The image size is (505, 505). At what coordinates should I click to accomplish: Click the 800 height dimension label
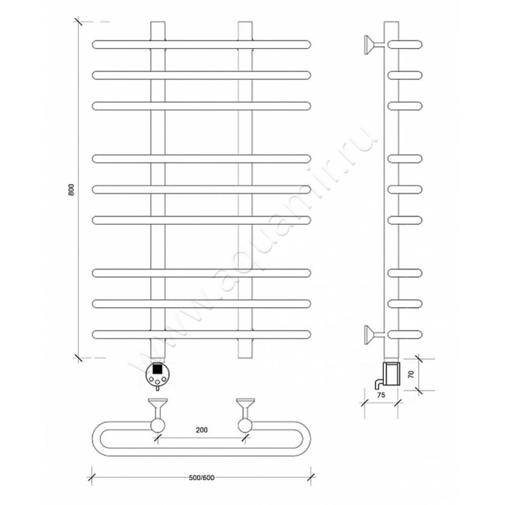[71, 190]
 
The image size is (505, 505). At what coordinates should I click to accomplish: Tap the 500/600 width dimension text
[201, 478]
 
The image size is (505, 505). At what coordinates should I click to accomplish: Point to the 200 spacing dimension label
[201, 430]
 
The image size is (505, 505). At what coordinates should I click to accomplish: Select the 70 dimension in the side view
[411, 374]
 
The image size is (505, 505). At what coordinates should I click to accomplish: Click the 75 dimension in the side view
[381, 395]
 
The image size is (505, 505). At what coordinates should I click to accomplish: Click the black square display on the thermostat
[157, 368]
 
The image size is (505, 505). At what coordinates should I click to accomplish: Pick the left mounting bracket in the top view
[157, 408]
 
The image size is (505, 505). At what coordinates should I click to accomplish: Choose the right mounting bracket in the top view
[246, 408]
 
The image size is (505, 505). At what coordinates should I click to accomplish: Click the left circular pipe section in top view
[158, 425]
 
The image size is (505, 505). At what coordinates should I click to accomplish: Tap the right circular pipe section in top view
[246, 425]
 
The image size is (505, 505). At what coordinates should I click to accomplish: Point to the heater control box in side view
[391, 374]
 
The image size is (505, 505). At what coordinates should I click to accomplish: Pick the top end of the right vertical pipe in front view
[246, 22]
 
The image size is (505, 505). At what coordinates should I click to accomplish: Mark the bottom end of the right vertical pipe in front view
[246, 357]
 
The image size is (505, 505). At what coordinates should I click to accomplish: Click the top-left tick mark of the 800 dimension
[78, 22]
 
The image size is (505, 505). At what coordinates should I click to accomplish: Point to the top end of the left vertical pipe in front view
[158, 22]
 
